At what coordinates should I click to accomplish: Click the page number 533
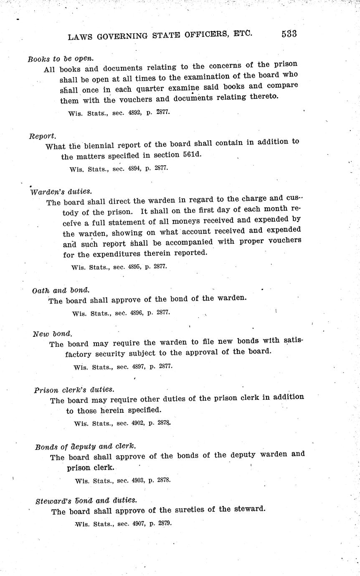(x=289, y=34)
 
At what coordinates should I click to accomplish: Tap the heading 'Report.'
(x=43, y=136)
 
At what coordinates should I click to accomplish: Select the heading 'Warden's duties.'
(x=61, y=192)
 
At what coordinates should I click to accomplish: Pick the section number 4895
(x=133, y=267)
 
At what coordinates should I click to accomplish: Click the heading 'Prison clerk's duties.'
(x=74, y=390)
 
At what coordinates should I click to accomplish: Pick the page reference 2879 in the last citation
(x=165, y=523)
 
